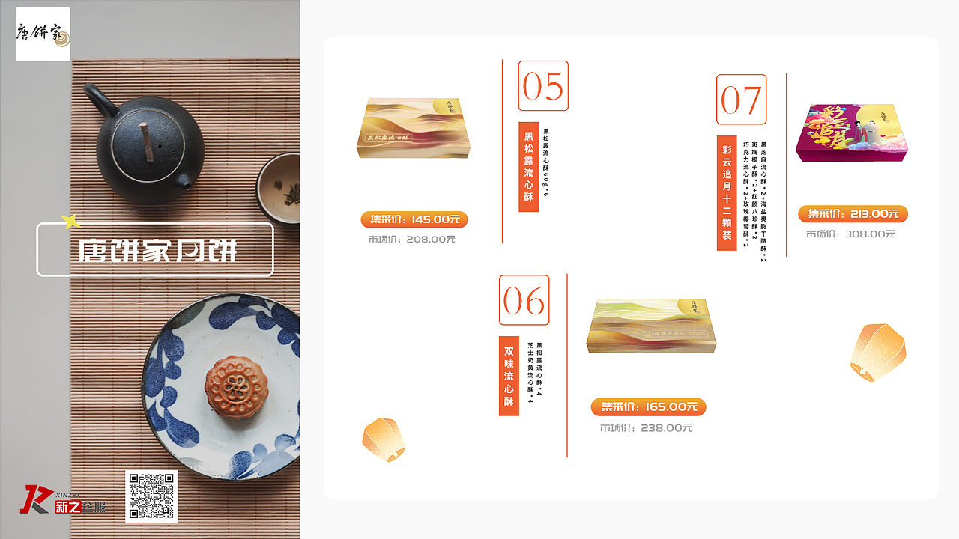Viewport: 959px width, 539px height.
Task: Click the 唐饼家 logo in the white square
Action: (43, 34)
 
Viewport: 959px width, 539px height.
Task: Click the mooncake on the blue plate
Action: (236, 387)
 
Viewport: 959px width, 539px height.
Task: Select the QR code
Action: (151, 496)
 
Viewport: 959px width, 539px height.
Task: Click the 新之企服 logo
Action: (63, 500)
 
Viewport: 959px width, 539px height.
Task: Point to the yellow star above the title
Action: (71, 221)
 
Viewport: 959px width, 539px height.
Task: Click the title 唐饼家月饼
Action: (155, 250)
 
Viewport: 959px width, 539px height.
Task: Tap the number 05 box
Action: (543, 86)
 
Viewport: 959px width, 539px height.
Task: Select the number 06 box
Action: (524, 300)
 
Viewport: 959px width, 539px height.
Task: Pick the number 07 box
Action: (741, 100)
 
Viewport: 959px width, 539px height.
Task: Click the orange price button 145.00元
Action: (414, 219)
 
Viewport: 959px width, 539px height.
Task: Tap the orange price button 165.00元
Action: (648, 407)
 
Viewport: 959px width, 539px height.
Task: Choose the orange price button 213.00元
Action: (853, 214)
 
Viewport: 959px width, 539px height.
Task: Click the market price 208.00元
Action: (411, 240)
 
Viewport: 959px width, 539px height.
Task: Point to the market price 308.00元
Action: (850, 234)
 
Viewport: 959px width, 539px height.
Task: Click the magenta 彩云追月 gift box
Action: (851, 133)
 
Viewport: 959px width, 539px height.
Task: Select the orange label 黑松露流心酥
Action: (528, 166)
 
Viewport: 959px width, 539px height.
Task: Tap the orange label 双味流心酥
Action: (509, 376)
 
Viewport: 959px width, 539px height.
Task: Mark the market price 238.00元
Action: (646, 428)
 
